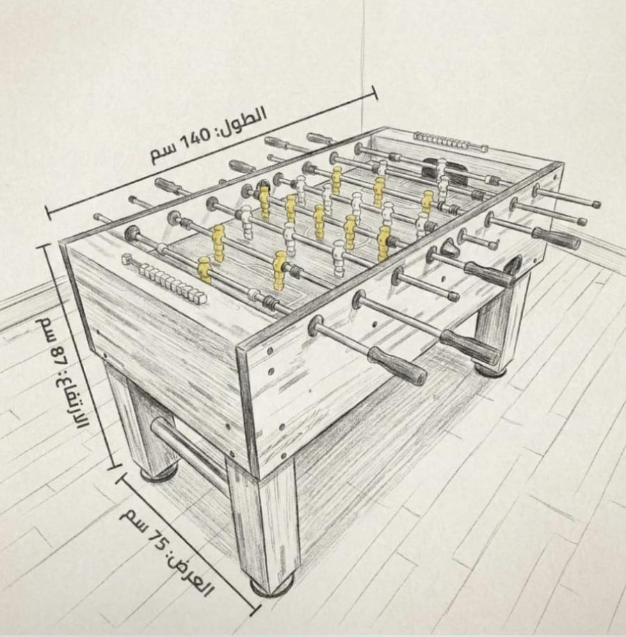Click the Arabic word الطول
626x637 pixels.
(x=245, y=118)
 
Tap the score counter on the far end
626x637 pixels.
(x=451, y=141)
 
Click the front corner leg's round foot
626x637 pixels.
(x=272, y=586)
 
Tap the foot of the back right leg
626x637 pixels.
(x=492, y=370)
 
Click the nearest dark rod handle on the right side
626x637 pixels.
(x=397, y=366)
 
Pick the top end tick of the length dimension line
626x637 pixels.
(x=374, y=92)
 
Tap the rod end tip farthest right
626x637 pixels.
(x=596, y=204)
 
